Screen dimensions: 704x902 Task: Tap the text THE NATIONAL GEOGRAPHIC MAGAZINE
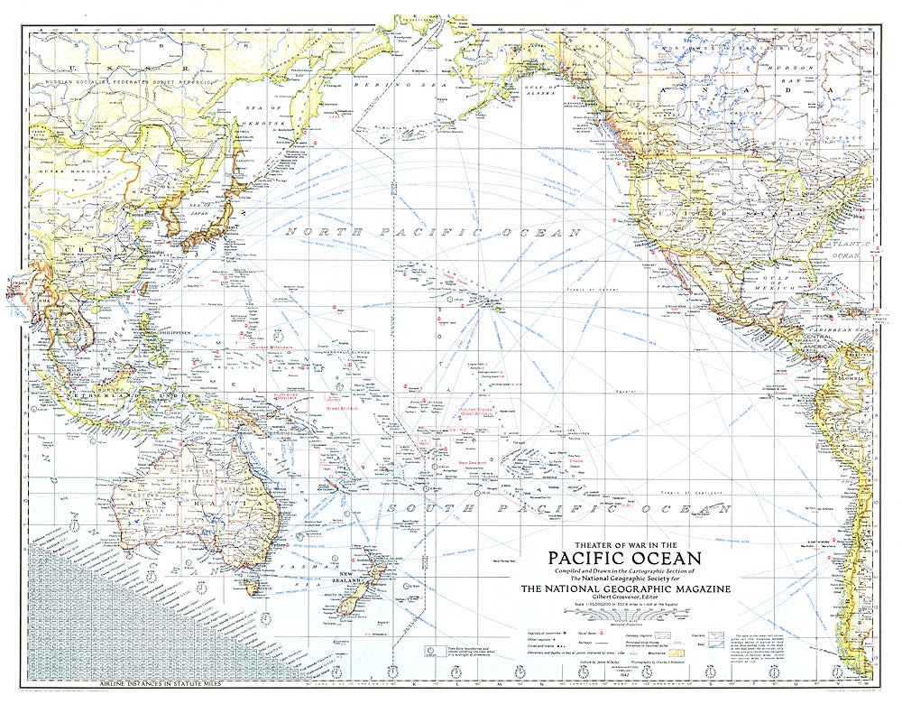[625, 589]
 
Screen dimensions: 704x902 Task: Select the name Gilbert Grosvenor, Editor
[624, 599]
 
